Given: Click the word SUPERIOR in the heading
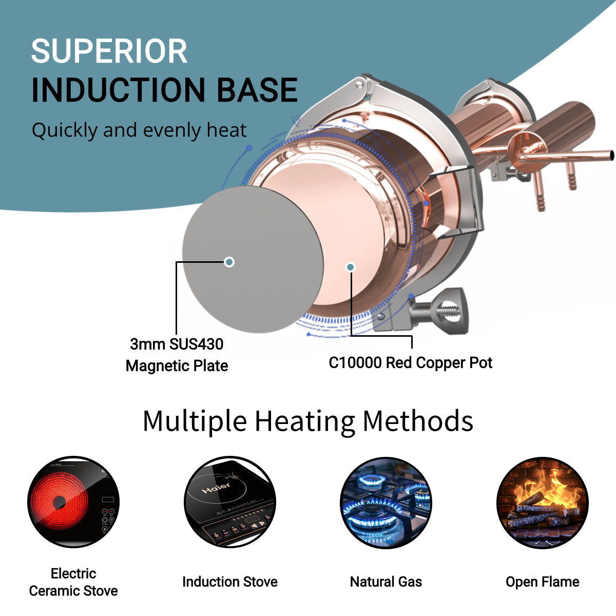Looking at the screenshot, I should click(109, 51).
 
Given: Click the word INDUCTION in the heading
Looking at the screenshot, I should click(119, 90).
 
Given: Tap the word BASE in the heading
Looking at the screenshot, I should click(257, 90).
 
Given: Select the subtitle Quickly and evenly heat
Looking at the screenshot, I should click(139, 130).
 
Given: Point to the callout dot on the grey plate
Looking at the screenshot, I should click(229, 262).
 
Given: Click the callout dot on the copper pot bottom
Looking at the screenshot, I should click(350, 267).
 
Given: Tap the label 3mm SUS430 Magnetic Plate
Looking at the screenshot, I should click(177, 355).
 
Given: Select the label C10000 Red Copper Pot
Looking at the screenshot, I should click(410, 363).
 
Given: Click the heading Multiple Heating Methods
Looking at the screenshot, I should click(307, 421).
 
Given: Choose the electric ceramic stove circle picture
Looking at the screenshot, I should click(73, 502).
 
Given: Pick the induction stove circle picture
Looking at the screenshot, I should click(230, 502).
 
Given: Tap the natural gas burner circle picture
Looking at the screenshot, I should click(386, 502).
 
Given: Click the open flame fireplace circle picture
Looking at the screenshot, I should click(543, 502).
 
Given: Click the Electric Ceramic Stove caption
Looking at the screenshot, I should click(73, 582).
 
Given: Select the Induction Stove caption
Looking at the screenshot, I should click(230, 582).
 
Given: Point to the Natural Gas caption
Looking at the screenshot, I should click(386, 582).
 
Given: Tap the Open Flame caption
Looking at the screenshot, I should click(543, 582).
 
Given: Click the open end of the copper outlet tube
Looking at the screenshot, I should click(611, 155).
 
